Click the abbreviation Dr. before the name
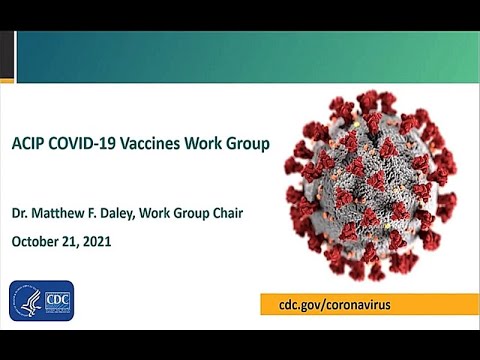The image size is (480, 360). point(22,212)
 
